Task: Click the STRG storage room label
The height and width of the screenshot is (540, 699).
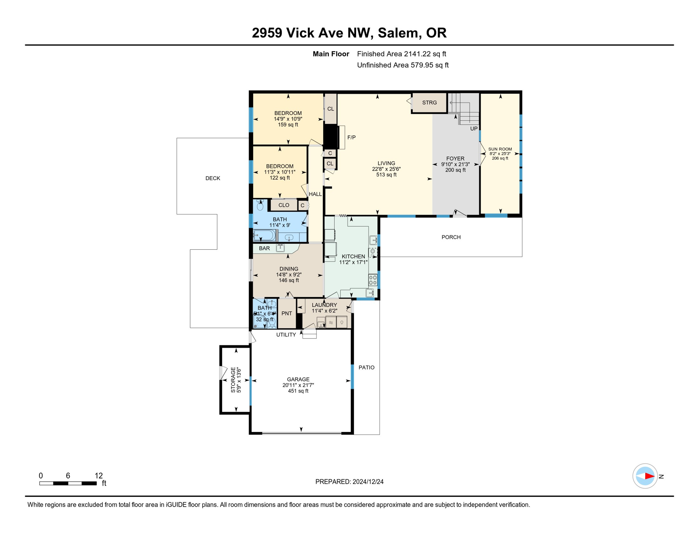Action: [429, 103]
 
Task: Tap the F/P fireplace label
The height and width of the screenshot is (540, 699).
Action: [351, 137]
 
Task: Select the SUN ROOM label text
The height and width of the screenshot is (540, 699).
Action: [500, 149]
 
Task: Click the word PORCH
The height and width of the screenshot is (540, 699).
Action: [451, 237]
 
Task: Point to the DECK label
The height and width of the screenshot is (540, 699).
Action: [213, 178]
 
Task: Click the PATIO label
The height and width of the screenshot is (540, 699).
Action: [366, 367]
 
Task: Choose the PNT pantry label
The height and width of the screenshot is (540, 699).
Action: [287, 313]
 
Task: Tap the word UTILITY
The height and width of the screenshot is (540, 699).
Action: [286, 335]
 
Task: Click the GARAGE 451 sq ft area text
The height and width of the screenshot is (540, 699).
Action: [298, 391]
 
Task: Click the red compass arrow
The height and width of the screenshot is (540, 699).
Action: [649, 476]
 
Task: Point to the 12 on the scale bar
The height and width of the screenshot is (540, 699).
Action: [99, 476]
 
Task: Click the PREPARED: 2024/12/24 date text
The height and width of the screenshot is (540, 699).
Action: [349, 482]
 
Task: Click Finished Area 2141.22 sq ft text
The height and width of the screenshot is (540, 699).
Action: [401, 54]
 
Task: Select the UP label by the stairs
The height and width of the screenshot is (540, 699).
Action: [474, 129]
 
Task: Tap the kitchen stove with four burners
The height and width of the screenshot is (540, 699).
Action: [373, 280]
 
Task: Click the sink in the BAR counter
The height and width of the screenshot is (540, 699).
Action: [280, 248]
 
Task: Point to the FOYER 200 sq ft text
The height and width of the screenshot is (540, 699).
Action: [455, 170]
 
